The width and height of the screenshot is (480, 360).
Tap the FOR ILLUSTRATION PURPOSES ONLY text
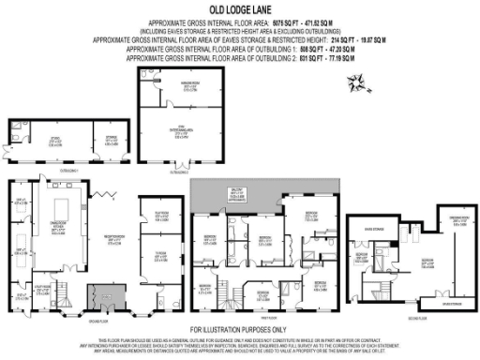coord(239,330)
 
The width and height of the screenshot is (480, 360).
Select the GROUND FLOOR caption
coord(83,318)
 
